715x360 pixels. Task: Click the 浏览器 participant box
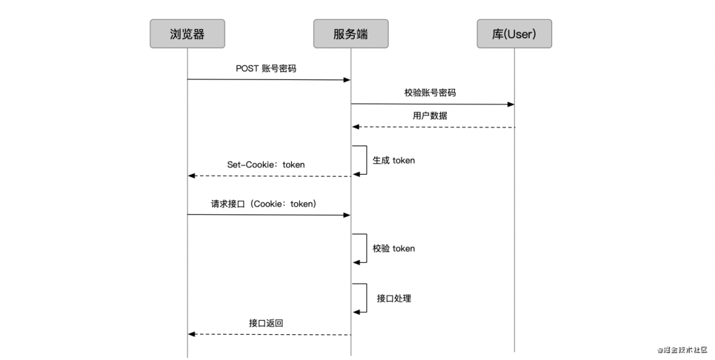point(187,34)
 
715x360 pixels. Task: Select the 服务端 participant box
point(351,34)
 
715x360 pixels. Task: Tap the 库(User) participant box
point(514,34)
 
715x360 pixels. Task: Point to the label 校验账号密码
point(430,93)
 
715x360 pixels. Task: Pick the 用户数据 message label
point(430,115)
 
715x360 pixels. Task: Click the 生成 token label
point(394,160)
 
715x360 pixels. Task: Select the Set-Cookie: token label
point(266,165)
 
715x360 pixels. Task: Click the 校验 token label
point(394,248)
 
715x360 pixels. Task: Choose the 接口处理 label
point(394,298)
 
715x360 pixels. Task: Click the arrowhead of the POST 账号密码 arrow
point(346,79)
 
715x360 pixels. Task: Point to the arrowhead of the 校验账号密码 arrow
point(510,104)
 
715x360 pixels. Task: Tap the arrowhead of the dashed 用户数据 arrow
point(356,126)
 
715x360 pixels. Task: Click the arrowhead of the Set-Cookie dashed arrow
point(192,176)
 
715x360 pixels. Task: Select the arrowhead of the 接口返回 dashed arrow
point(192,334)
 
